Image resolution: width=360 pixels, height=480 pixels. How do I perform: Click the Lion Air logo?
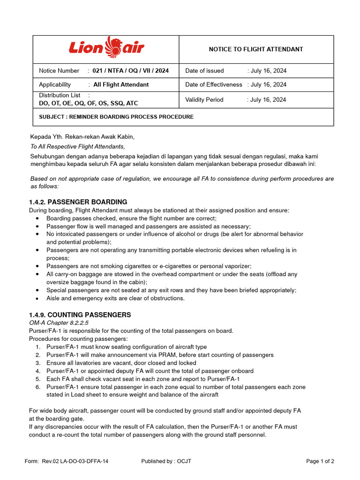pos(106,48)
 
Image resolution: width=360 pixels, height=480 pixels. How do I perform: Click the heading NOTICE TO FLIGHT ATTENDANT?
pos(255,49)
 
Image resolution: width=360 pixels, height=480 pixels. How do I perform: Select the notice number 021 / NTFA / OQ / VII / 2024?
pos(130,71)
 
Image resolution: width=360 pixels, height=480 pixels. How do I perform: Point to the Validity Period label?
pos(204,100)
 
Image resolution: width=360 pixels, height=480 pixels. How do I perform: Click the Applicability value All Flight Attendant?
pos(121,85)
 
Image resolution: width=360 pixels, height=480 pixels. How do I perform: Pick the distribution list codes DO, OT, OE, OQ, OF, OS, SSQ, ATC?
pos(89,104)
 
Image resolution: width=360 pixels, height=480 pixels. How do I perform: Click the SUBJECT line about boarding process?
pos(116,117)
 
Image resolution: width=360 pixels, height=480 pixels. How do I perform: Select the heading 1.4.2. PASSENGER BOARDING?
pos(78,202)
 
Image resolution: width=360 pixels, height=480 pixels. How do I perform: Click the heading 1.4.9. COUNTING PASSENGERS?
pos(80,315)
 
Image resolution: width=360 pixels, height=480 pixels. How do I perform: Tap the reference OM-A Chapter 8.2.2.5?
pos(59,323)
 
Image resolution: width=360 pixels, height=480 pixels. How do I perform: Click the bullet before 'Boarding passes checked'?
pos(38,219)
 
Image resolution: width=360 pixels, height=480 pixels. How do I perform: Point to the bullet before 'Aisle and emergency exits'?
pos(38,299)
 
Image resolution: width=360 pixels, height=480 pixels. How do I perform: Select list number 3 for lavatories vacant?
pos(38,363)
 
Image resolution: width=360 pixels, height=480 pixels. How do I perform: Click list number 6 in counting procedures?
pos(38,387)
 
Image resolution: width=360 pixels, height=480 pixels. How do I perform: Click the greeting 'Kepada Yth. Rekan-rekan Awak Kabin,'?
pos(82,137)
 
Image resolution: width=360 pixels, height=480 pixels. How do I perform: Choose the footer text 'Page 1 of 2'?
pos(320,461)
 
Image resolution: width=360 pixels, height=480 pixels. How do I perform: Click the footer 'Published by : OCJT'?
pos(166,461)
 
